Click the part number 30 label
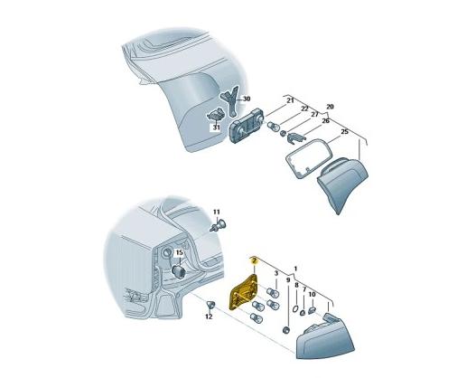[247, 99]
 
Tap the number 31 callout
[216, 128]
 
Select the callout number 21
[291, 100]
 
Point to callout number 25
[344, 132]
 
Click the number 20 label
[330, 107]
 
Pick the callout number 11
[216, 213]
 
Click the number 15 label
[180, 252]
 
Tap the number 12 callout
[209, 317]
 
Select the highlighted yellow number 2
[254, 260]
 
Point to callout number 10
[313, 295]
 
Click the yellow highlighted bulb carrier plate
[244, 292]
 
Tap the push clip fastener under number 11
[219, 226]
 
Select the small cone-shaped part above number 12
[211, 304]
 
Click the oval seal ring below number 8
[294, 309]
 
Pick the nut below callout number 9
[285, 330]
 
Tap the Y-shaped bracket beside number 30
[231, 101]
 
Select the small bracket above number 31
[216, 116]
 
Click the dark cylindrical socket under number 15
[178, 271]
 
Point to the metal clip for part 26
[295, 138]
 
